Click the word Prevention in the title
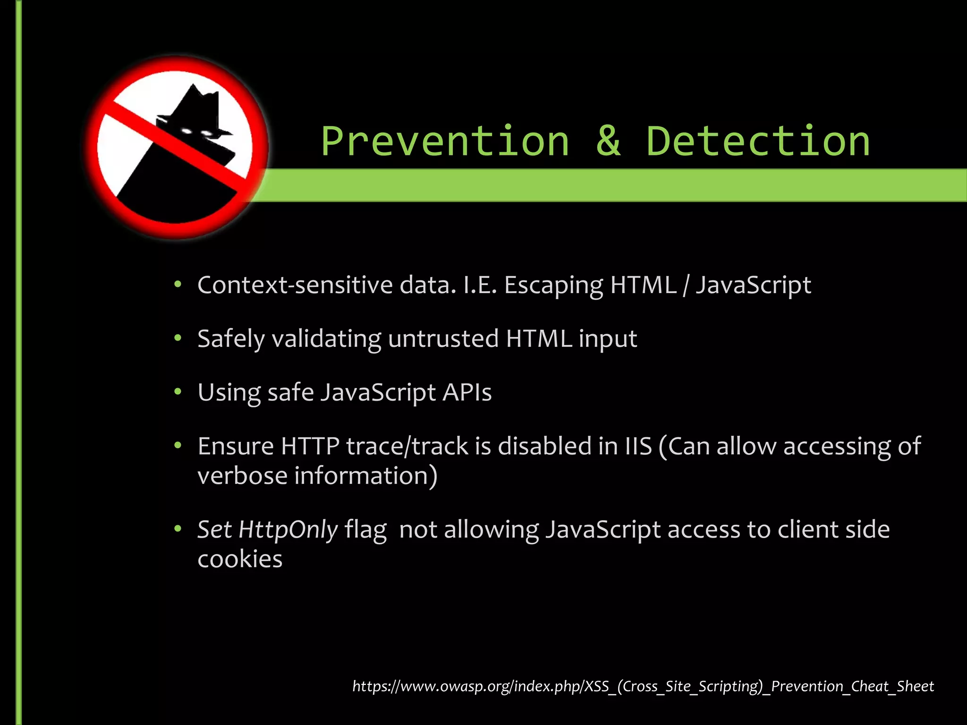(445, 142)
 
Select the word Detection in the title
(757, 142)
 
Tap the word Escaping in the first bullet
(553, 286)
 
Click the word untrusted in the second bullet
(443, 339)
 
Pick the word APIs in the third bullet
(467, 392)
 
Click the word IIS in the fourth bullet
(638, 446)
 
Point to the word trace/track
(407, 446)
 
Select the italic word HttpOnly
(288, 530)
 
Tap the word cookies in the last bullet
(240, 559)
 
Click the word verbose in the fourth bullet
(242, 476)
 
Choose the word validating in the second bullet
(326, 339)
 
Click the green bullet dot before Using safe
(178, 391)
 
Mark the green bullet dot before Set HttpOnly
(178, 529)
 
